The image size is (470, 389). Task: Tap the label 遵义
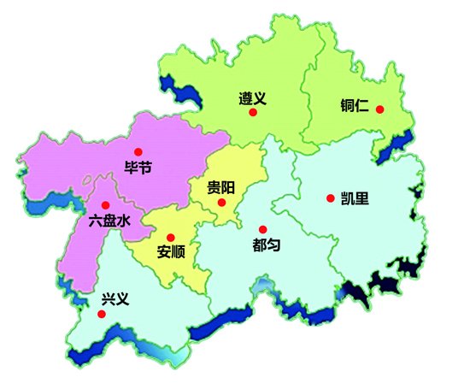pyautogui.click(x=253, y=97)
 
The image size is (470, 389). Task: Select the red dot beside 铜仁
pyautogui.click(x=379, y=109)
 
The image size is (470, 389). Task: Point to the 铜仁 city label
pyautogui.click(x=353, y=109)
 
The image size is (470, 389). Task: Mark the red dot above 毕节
pyautogui.click(x=138, y=151)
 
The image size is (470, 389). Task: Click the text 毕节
pyautogui.click(x=138, y=168)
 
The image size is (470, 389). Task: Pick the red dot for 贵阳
pyautogui.click(x=221, y=203)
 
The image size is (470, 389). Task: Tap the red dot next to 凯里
pyautogui.click(x=330, y=198)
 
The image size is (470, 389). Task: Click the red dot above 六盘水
pyautogui.click(x=105, y=205)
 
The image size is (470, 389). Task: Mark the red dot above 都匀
pyautogui.click(x=262, y=228)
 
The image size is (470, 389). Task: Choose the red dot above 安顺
pyautogui.click(x=170, y=237)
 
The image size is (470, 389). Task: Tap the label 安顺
pyautogui.click(x=172, y=252)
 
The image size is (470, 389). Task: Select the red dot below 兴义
pyautogui.click(x=103, y=314)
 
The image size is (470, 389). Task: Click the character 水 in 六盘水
pyautogui.click(x=126, y=221)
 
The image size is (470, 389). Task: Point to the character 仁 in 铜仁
pyautogui.click(x=362, y=109)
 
